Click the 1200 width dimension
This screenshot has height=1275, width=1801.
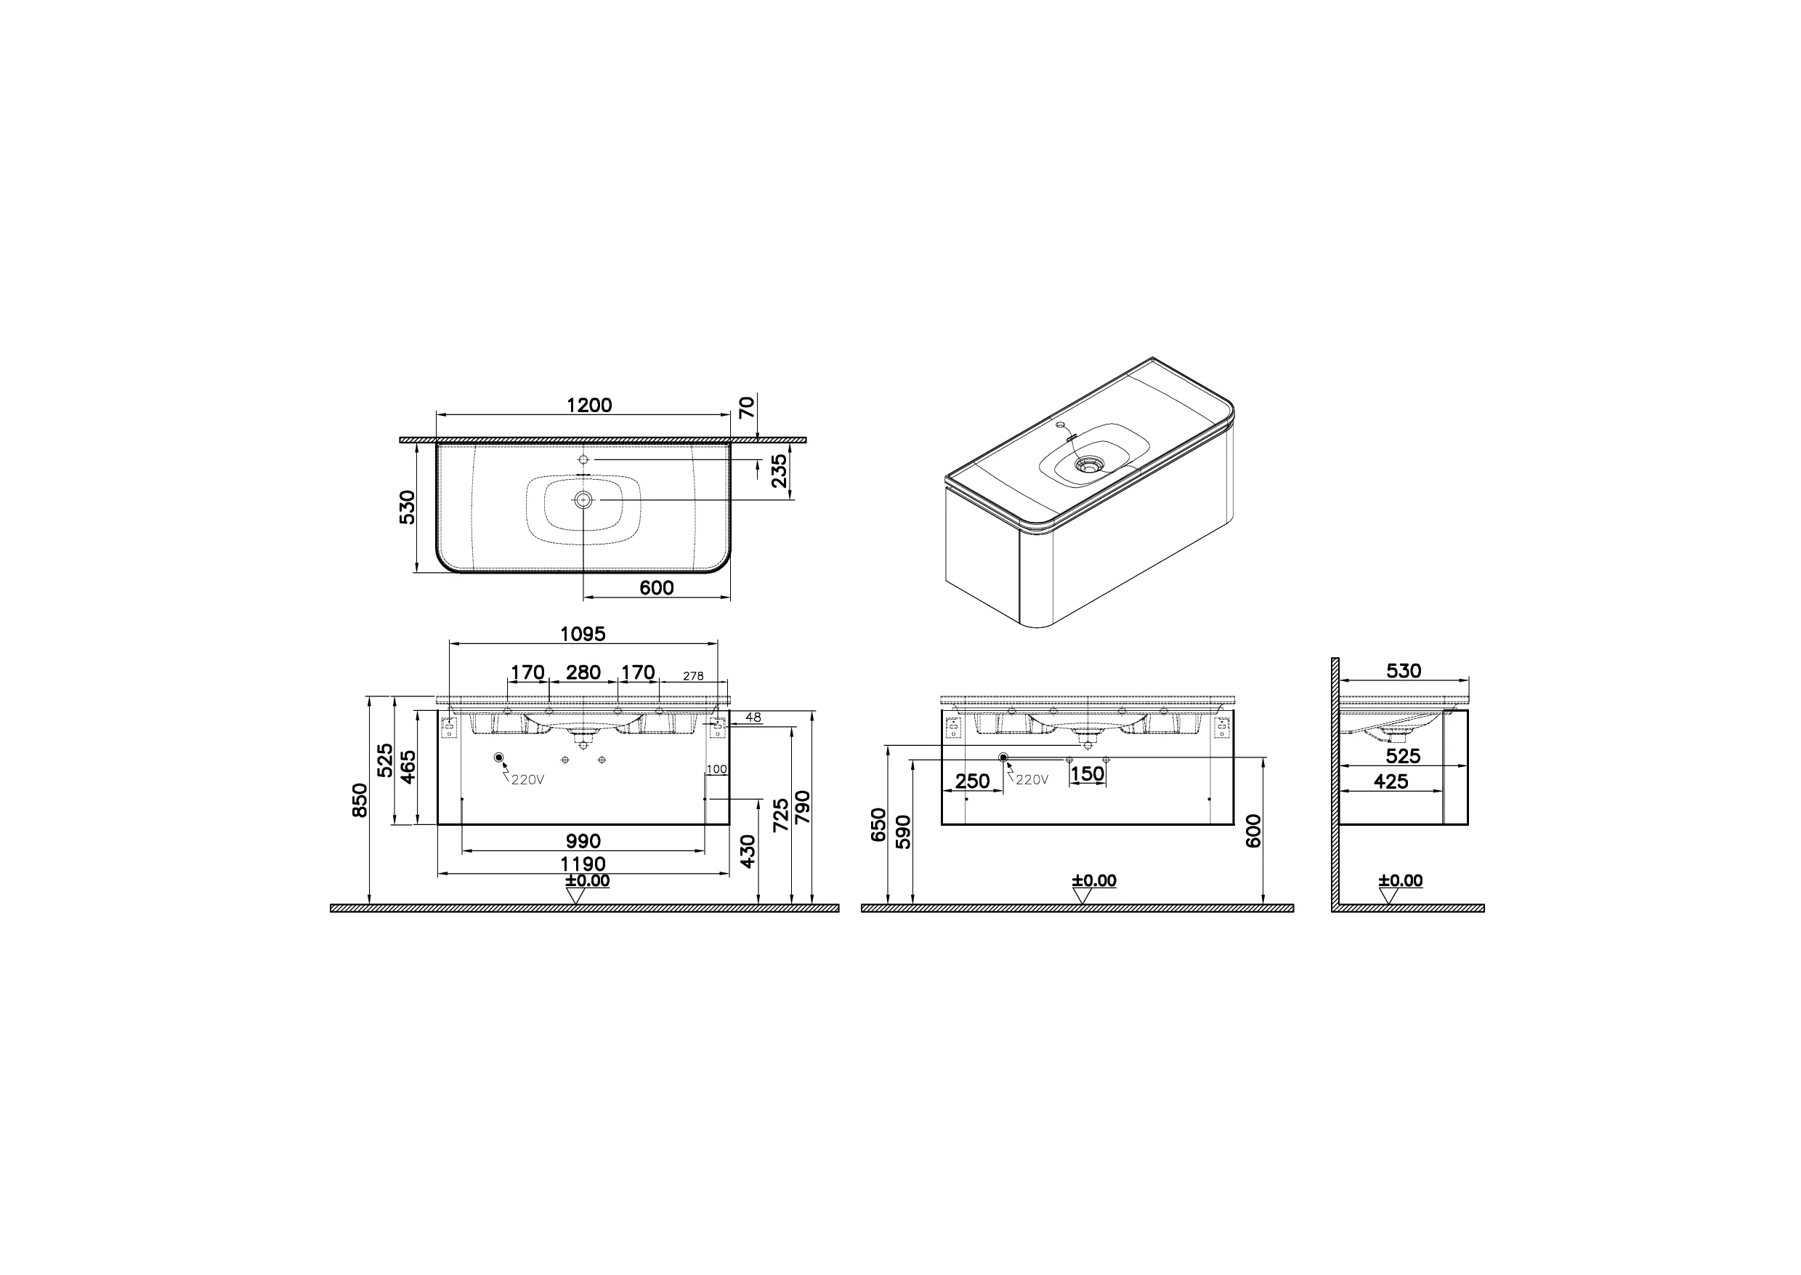[588, 405]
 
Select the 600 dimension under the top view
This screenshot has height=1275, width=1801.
[656, 587]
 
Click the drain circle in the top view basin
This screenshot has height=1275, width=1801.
[583, 499]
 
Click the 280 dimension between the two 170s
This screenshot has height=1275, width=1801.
[583, 672]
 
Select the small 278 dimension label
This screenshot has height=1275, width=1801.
[693, 676]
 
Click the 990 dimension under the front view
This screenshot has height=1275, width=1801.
[583, 841]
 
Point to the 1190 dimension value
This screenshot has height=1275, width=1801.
[583, 864]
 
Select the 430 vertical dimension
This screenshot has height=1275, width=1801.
[748, 851]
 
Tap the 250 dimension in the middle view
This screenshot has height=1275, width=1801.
[972, 781]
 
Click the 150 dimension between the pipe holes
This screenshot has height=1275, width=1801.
[1088, 773]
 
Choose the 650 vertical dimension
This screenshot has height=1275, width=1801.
[879, 824]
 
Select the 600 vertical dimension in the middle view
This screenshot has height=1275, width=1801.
[1253, 831]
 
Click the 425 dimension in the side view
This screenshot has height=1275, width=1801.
[1391, 781]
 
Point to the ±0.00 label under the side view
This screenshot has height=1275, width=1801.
[1401, 880]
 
